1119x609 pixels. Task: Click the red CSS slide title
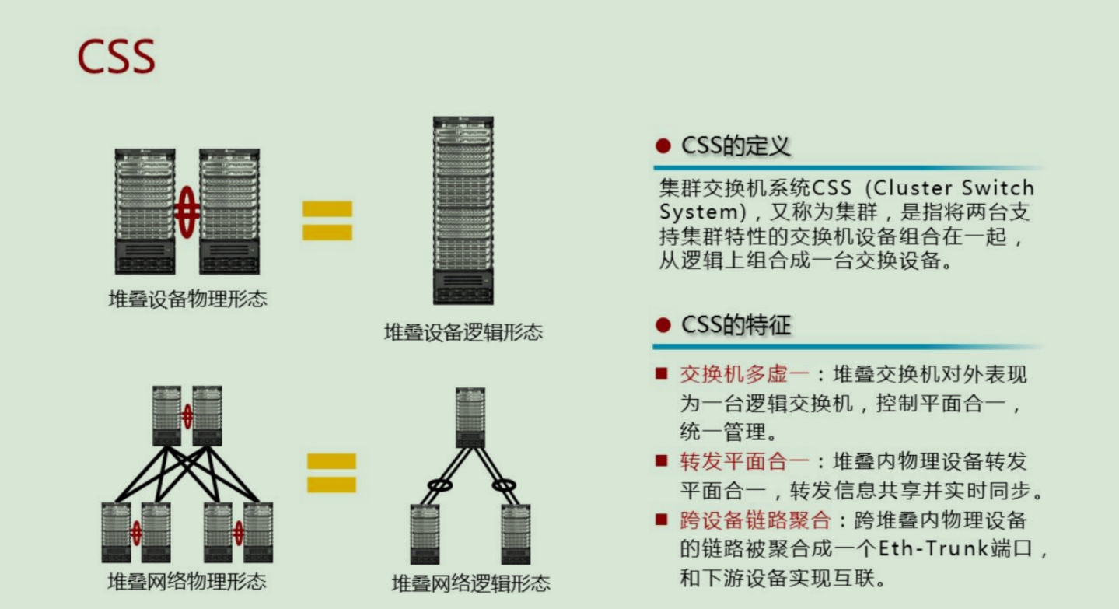coord(116,56)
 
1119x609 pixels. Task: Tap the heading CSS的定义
coord(735,146)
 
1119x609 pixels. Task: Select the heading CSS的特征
coord(735,325)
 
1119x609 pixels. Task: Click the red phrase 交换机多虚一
coord(744,375)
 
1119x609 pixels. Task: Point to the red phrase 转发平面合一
coord(744,462)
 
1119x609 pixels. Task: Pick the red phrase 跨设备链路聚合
coord(755,520)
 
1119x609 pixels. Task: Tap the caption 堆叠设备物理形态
coord(187,299)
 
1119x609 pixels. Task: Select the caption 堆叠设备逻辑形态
coord(463,333)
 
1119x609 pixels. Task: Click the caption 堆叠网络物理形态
coord(187,581)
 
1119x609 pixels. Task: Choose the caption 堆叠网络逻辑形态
coord(470,583)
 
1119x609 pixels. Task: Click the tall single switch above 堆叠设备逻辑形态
coord(463,210)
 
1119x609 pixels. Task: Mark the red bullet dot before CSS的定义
coord(663,146)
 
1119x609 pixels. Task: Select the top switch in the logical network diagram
coord(470,417)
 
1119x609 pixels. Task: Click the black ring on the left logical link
coord(440,485)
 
